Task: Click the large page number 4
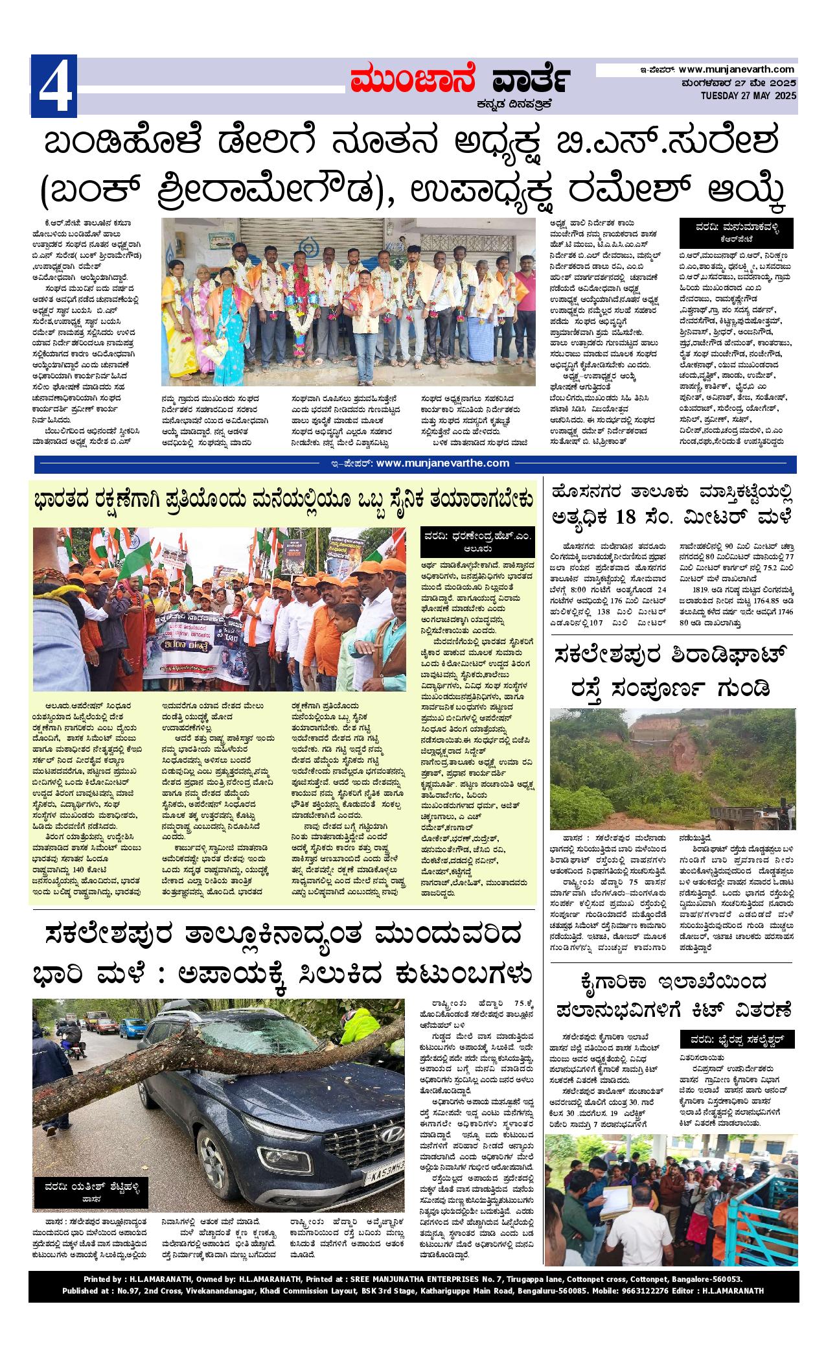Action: pyautogui.click(x=54, y=86)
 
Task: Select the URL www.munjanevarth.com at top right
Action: pyautogui.click(x=736, y=69)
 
